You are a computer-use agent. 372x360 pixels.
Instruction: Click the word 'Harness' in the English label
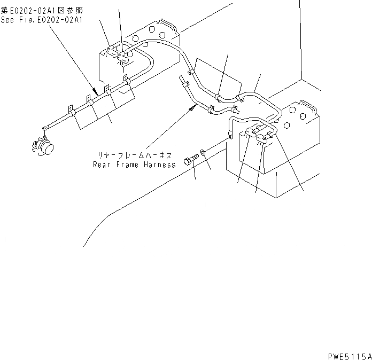coord(160,165)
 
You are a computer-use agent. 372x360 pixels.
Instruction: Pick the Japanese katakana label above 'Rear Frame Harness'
coord(134,155)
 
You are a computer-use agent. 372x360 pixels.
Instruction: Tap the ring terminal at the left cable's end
coord(45,128)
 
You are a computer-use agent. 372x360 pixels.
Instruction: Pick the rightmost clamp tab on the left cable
coord(127,80)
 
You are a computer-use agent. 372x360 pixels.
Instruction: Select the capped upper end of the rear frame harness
coord(183,81)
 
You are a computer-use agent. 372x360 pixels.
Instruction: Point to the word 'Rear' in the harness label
coord(102,165)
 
